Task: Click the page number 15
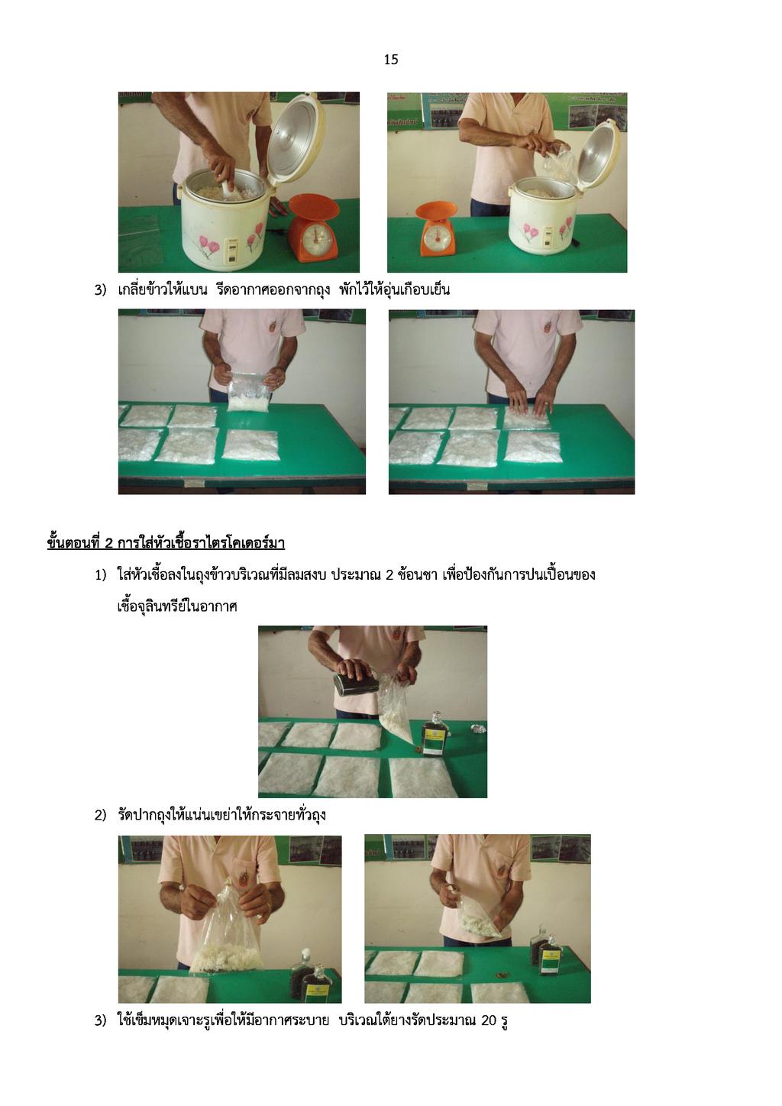tap(390, 60)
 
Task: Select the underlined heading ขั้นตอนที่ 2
tap(166, 542)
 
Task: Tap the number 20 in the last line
tap(488, 1020)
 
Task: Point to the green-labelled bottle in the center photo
tap(434, 736)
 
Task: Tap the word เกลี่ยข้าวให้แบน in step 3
tap(163, 289)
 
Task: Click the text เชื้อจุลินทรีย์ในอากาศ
tap(177, 606)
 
